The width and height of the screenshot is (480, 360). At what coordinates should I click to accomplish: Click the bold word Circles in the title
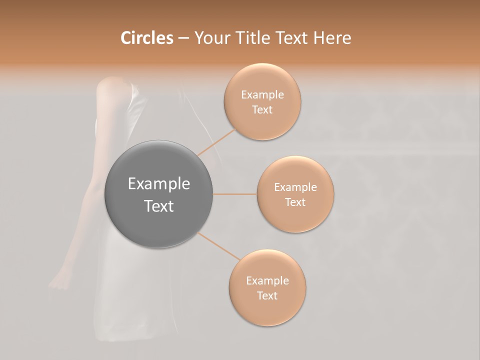[146, 38]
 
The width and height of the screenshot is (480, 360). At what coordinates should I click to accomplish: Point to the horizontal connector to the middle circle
[235, 194]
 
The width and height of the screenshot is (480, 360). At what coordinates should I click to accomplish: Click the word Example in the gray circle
[159, 184]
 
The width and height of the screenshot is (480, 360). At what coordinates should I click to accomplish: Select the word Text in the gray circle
[159, 206]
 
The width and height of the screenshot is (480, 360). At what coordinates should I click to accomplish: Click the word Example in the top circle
[262, 95]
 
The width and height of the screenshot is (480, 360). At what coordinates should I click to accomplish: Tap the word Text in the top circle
[262, 110]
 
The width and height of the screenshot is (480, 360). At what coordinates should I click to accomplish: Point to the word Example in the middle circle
[295, 187]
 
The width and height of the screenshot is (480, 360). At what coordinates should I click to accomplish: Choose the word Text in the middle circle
[295, 202]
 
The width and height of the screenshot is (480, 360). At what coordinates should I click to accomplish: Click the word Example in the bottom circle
[267, 281]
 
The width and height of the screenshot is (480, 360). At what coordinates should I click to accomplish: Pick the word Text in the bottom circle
[267, 296]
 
